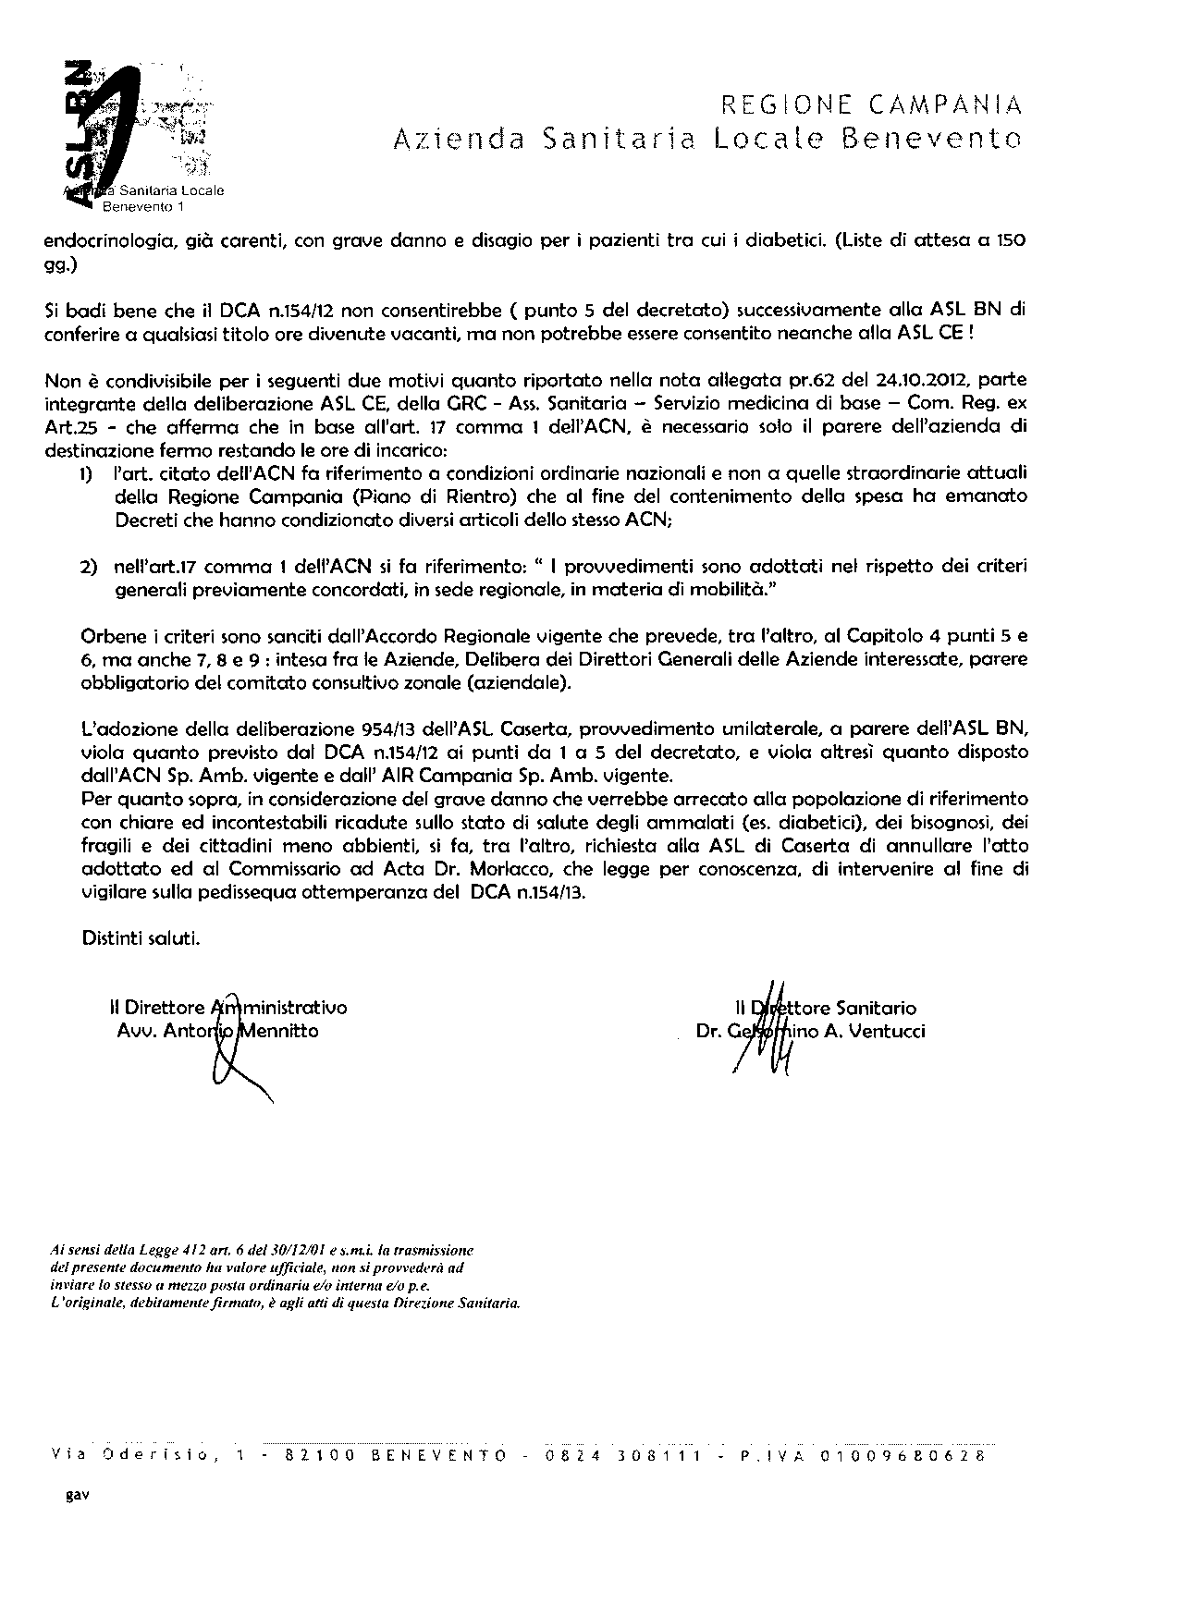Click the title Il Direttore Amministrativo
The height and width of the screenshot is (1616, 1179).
pyautogui.click(x=227, y=1008)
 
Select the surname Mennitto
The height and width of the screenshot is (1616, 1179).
pyautogui.click(x=278, y=1030)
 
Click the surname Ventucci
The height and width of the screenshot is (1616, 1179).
pyautogui.click(x=887, y=1030)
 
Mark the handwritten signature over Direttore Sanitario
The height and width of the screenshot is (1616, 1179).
pyautogui.click(x=768, y=1031)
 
